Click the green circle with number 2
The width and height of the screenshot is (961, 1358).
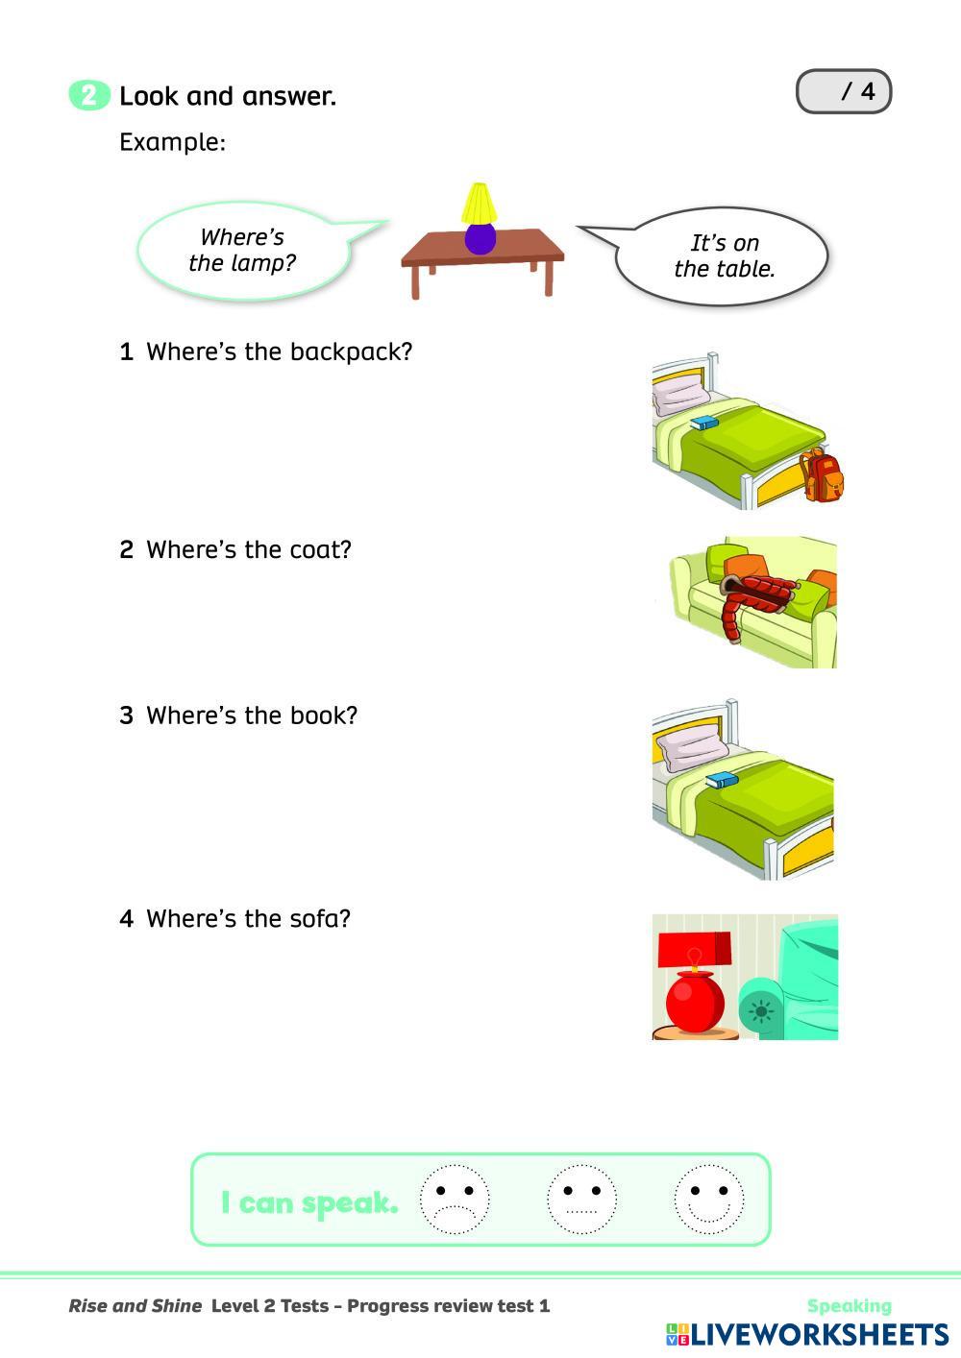[89, 96]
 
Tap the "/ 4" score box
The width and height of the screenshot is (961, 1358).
[844, 92]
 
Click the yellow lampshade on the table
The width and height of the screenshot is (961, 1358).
[479, 203]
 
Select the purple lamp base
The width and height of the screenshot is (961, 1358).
[480, 237]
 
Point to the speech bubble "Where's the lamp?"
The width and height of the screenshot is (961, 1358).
[243, 250]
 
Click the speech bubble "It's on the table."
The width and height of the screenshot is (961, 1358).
[723, 256]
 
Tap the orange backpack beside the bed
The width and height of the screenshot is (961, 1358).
[824, 476]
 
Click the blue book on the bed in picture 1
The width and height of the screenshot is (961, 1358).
[704, 424]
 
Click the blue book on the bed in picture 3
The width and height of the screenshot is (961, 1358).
[721, 780]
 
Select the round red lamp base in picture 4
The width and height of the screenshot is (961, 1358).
[695, 1002]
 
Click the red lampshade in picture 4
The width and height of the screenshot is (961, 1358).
[695, 949]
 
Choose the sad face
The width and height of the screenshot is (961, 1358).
[455, 1200]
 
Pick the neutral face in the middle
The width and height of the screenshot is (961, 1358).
[581, 1200]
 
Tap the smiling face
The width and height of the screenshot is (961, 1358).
[709, 1200]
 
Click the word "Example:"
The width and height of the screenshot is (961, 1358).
[173, 143]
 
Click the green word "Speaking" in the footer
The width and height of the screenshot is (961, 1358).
[850, 1306]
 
